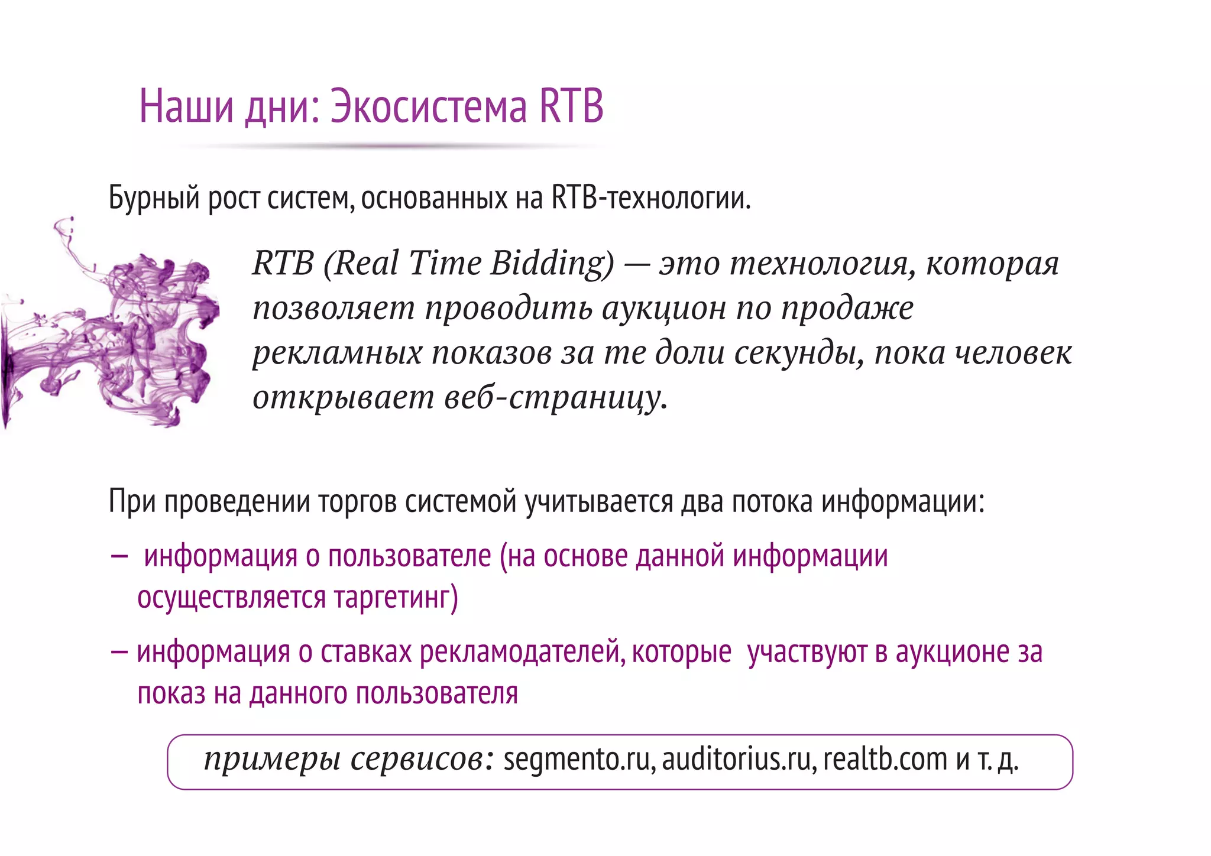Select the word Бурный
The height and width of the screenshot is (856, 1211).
(x=154, y=199)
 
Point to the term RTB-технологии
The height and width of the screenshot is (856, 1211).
(x=650, y=198)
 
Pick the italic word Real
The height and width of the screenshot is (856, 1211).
(x=367, y=263)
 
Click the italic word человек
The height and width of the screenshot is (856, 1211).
(x=1014, y=353)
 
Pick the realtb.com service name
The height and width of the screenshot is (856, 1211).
(x=885, y=760)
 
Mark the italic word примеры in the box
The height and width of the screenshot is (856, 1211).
(x=272, y=760)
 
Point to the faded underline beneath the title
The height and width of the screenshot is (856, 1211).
(x=390, y=145)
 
